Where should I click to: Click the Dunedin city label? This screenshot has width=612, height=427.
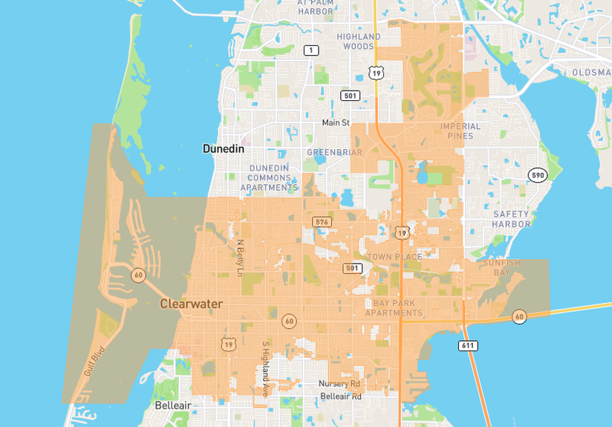tap(224, 149)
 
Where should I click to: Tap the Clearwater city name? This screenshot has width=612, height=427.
tap(191, 303)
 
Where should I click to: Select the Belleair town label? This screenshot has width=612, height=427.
tap(173, 405)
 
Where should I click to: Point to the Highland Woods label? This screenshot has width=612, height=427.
tap(359, 42)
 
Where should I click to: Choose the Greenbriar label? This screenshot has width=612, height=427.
tap(334, 152)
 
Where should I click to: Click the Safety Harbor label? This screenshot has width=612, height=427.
tap(511, 219)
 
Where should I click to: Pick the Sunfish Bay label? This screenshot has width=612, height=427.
tap(502, 267)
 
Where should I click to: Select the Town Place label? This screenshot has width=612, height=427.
tap(394, 257)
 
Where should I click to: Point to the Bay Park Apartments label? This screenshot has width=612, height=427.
tap(394, 308)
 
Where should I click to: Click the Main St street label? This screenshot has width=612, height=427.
tap(336, 123)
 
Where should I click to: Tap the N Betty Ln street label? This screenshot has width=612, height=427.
tap(240, 257)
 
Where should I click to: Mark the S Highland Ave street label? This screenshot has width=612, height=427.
tap(265, 369)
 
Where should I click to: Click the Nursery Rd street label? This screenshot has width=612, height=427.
tap(339, 384)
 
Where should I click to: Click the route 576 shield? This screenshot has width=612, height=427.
tap(322, 222)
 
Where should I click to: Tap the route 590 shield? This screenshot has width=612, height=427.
tap(538, 175)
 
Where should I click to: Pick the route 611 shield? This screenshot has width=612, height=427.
tap(468, 345)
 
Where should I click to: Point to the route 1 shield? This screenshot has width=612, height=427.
tap(311, 50)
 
